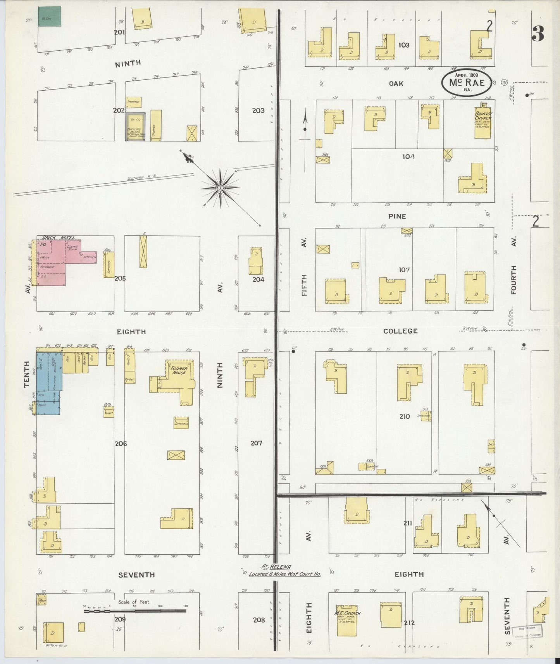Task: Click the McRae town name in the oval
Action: [x=467, y=83]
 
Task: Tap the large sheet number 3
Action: [x=538, y=34]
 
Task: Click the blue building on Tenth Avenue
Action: [x=48, y=382]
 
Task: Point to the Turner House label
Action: [x=179, y=370]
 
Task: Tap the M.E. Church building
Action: [x=346, y=620]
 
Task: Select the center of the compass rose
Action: [x=220, y=188]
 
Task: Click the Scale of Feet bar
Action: [x=135, y=611]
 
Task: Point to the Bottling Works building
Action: [x=135, y=127]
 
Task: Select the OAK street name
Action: [x=396, y=83]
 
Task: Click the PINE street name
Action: [x=397, y=216]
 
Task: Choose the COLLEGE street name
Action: [x=400, y=331]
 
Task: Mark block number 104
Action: [x=408, y=157]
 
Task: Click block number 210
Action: [x=405, y=416]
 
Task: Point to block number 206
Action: [x=121, y=444]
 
